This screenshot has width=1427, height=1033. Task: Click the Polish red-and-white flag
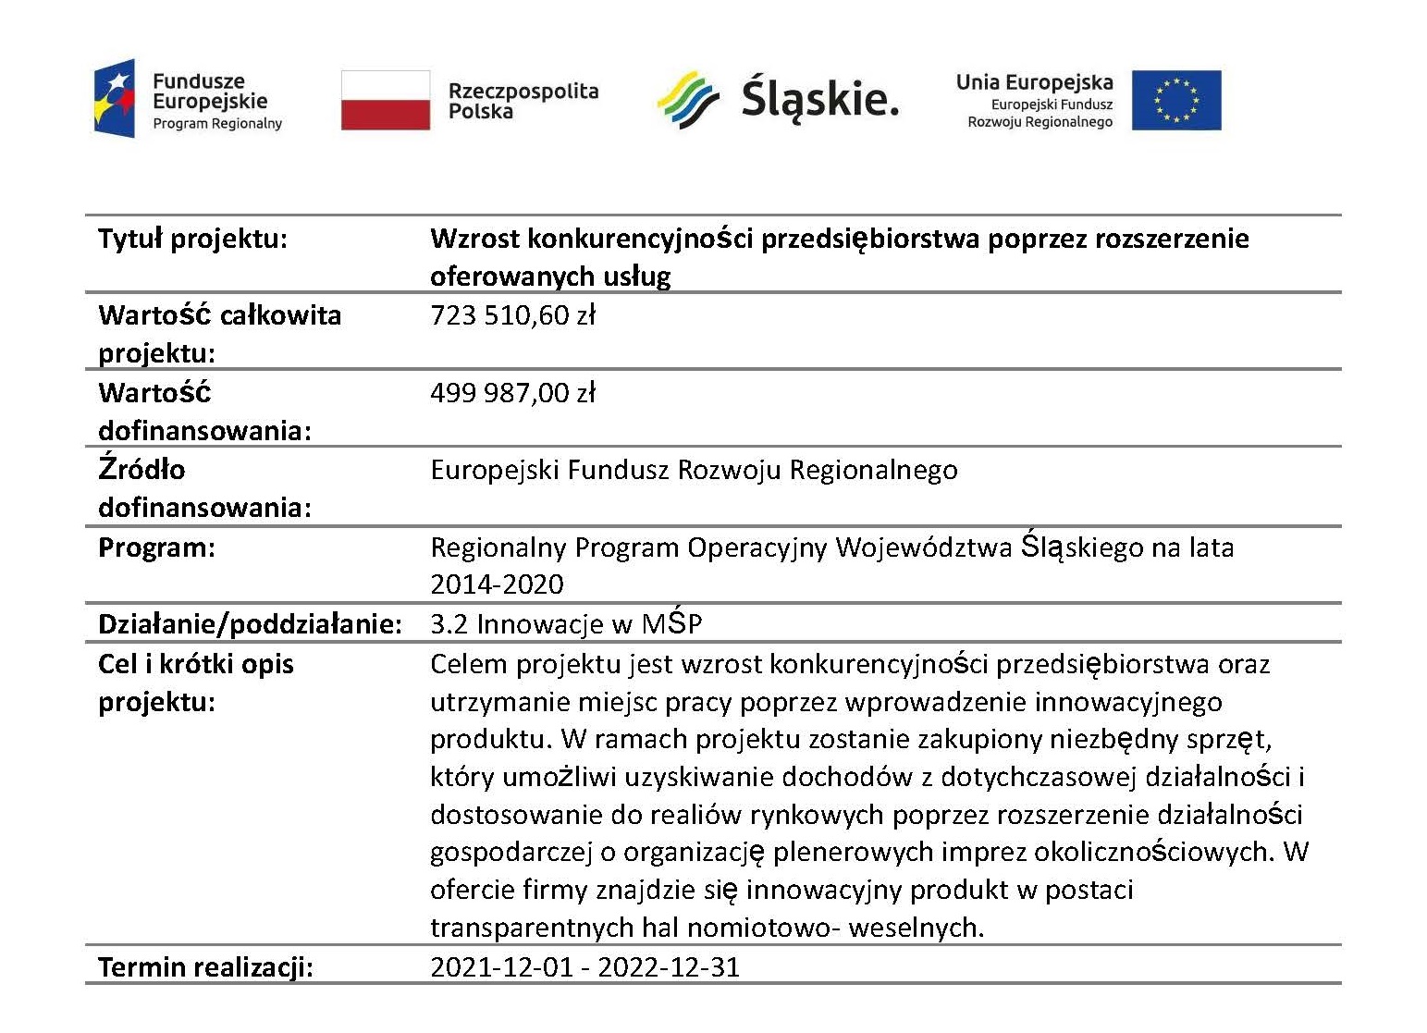pos(385,100)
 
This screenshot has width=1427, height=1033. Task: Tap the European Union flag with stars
pos(1175,100)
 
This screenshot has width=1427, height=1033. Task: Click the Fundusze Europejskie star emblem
pos(115,99)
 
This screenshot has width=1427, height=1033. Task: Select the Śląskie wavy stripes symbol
pos(688,100)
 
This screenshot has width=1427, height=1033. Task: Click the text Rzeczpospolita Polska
pos(523,101)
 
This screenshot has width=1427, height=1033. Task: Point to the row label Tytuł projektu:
pos(192,239)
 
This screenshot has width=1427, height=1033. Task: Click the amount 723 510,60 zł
pos(512,315)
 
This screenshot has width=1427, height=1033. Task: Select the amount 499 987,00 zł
pos(512,393)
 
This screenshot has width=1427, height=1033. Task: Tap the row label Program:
pos(156,547)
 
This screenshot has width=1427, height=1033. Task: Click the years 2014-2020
pos(497,584)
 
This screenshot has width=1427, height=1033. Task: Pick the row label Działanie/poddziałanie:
pos(250,624)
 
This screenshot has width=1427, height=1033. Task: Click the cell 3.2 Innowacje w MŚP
pos(566,624)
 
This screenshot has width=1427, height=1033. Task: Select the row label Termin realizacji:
pos(205,967)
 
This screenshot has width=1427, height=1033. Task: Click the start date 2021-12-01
pos(499,967)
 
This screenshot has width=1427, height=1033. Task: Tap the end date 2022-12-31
pos(669,967)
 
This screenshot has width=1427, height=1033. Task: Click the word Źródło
pos(141,470)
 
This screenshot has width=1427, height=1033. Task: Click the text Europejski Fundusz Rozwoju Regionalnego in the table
pos(694,470)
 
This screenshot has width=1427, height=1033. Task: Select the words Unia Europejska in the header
pos(1034,82)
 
